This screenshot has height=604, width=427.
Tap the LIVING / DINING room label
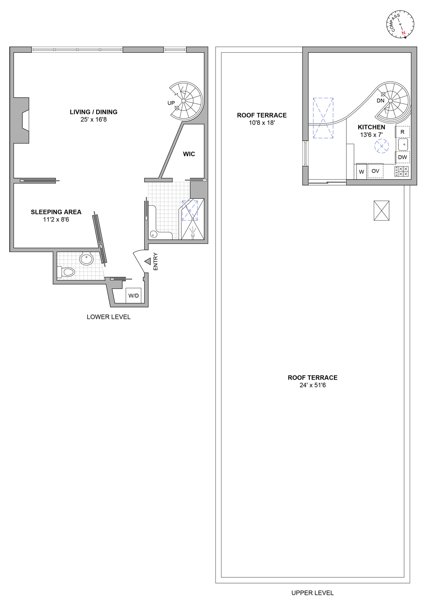tap(93, 112)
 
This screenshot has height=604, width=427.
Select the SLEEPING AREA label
tap(56, 212)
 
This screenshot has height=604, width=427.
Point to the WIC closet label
tap(189, 154)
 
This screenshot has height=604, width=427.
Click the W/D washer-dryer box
tap(133, 296)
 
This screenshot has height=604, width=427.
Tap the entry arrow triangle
tap(147, 261)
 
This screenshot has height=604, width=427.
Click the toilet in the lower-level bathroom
tap(67, 272)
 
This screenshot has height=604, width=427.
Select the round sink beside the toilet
tap(86, 259)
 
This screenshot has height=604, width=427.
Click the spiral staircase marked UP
tap(185, 101)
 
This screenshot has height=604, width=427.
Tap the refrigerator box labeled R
tap(402, 132)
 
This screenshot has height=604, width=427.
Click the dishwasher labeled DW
tap(402, 157)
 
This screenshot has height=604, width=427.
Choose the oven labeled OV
tap(375, 171)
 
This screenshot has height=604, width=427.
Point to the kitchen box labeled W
tap(361, 172)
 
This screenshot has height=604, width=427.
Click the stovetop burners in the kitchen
tap(402, 172)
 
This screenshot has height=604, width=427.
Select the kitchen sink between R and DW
tap(403, 144)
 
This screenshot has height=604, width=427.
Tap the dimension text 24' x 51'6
tap(313, 385)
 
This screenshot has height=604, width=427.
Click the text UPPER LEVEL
tap(313, 593)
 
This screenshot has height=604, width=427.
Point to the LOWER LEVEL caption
tap(109, 317)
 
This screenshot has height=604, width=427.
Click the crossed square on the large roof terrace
tap(381, 211)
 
